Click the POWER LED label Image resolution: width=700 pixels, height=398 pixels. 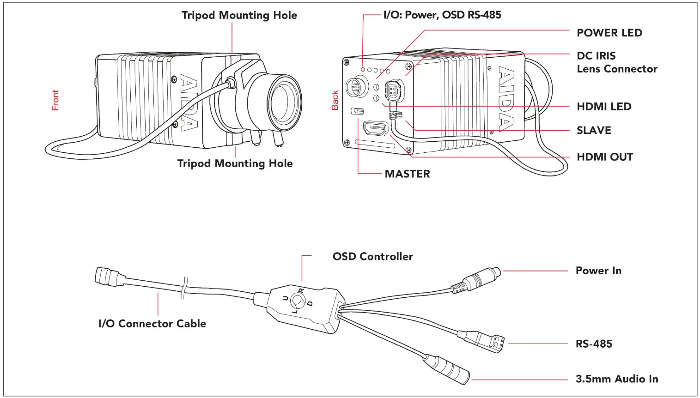pos(609,33)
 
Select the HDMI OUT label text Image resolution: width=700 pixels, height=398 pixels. pos(604,157)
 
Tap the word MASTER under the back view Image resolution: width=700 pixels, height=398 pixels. pos(407,174)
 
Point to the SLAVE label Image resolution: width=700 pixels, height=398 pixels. pos(593,131)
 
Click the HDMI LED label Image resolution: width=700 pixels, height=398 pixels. pos(603,107)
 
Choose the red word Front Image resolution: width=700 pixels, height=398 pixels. pos(55,100)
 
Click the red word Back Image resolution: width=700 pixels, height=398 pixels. pos(335,100)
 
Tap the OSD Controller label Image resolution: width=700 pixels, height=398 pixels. pos(372,257)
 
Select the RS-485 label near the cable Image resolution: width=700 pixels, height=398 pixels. pos(593,344)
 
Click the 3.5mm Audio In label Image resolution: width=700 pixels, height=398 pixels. pos(616,379)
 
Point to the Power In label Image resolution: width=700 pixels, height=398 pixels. pos(598,271)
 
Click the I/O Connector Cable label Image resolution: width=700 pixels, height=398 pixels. pos(152,324)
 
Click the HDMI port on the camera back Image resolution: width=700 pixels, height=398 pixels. pos(375,128)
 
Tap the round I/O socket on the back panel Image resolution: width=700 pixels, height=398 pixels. pos(356,86)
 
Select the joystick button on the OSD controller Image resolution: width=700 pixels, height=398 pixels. pos(297,302)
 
